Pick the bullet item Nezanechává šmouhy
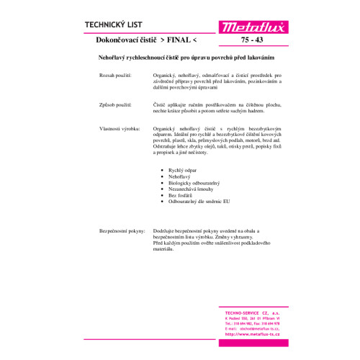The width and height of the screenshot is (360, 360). [189, 190]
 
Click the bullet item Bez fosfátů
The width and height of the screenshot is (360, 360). [180, 197]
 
